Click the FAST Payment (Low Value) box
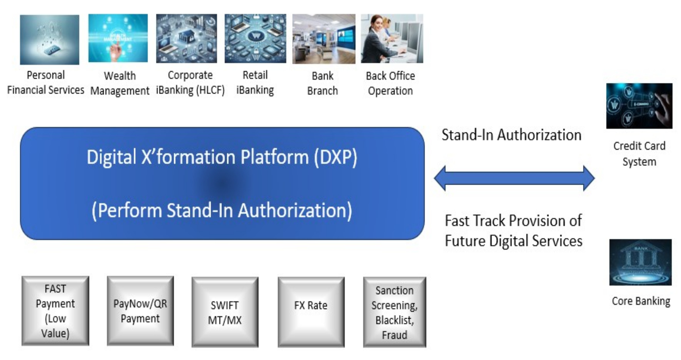[55, 311]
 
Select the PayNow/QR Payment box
[140, 311]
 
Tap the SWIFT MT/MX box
[225, 312]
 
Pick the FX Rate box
[311, 312]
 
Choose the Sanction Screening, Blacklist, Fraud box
[394, 312]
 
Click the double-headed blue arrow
[514, 178]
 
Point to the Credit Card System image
[639, 106]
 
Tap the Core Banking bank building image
[640, 262]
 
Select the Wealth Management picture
[118, 38]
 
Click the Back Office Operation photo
[392, 39]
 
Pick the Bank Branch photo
[324, 39]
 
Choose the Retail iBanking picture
[255, 38]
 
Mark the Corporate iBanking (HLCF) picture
[186, 38]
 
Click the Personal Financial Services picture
[49, 39]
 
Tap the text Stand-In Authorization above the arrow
[511, 135]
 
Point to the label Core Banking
[641, 301]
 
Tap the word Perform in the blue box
[130, 211]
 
